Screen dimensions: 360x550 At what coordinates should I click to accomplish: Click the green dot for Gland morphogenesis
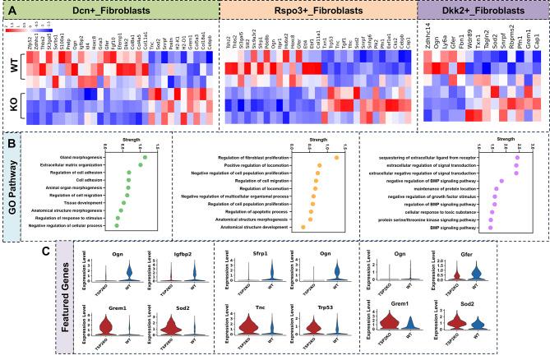coord(145,156)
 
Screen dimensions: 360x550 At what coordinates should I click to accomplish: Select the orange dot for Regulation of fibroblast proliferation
coord(337,156)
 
